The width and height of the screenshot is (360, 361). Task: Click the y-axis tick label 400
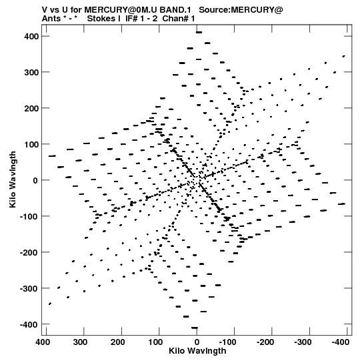click(31, 37)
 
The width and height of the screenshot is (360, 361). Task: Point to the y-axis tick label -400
click(29, 324)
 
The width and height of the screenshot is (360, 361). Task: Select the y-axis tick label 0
click(35, 180)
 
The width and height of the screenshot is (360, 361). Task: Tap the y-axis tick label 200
click(31, 108)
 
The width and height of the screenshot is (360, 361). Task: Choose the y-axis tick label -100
click(29, 216)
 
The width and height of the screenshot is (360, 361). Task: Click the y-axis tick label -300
click(29, 288)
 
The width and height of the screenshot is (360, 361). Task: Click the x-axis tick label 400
click(43, 342)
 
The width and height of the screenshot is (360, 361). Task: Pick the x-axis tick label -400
click(341, 342)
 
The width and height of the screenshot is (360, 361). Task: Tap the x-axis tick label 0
click(197, 342)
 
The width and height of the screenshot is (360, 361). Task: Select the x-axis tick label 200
click(118, 342)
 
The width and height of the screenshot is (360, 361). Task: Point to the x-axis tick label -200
click(265, 342)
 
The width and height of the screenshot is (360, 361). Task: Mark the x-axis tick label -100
click(228, 342)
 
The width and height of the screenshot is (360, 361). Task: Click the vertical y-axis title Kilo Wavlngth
click(13, 179)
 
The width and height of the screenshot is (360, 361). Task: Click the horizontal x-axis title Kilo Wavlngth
click(197, 350)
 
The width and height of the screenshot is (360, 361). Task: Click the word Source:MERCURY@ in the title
click(241, 10)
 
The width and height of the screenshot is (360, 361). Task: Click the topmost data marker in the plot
click(199, 33)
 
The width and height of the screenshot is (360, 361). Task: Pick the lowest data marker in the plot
click(195, 328)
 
